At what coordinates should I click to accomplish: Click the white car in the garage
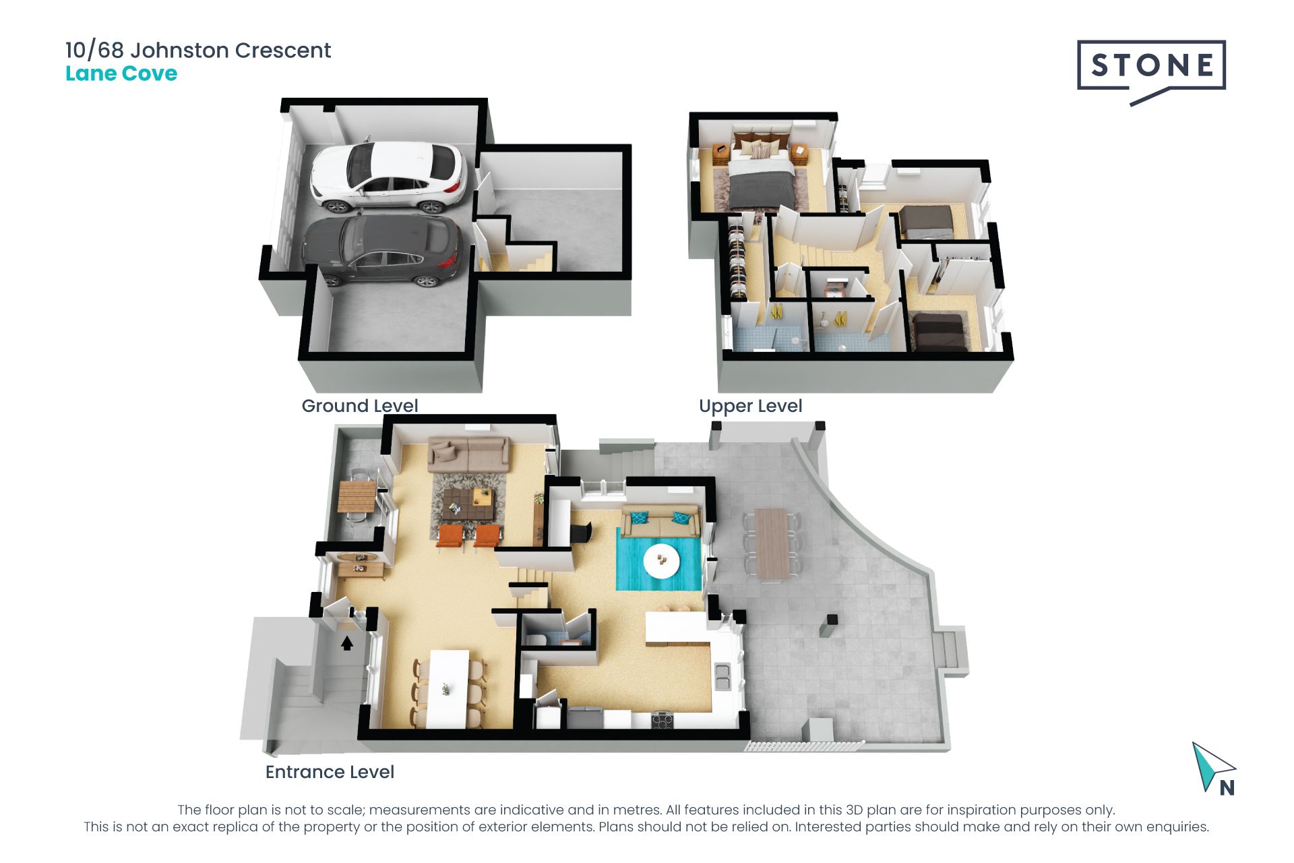388,177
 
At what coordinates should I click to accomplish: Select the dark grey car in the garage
382,250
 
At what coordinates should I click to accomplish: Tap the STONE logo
1151,71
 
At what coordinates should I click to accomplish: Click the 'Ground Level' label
359,406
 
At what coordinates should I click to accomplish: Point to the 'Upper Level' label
750,407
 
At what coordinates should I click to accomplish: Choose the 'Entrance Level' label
330,772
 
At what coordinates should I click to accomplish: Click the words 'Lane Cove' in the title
121,73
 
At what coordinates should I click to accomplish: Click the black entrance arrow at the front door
347,644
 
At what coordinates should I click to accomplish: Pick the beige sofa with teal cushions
660,520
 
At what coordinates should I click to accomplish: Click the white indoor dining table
449,688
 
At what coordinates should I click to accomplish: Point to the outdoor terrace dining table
772,543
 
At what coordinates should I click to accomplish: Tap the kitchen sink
722,677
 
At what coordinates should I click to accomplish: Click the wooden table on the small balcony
357,496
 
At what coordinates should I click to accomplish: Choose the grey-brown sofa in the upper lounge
468,455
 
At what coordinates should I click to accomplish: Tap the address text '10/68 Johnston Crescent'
198,51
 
